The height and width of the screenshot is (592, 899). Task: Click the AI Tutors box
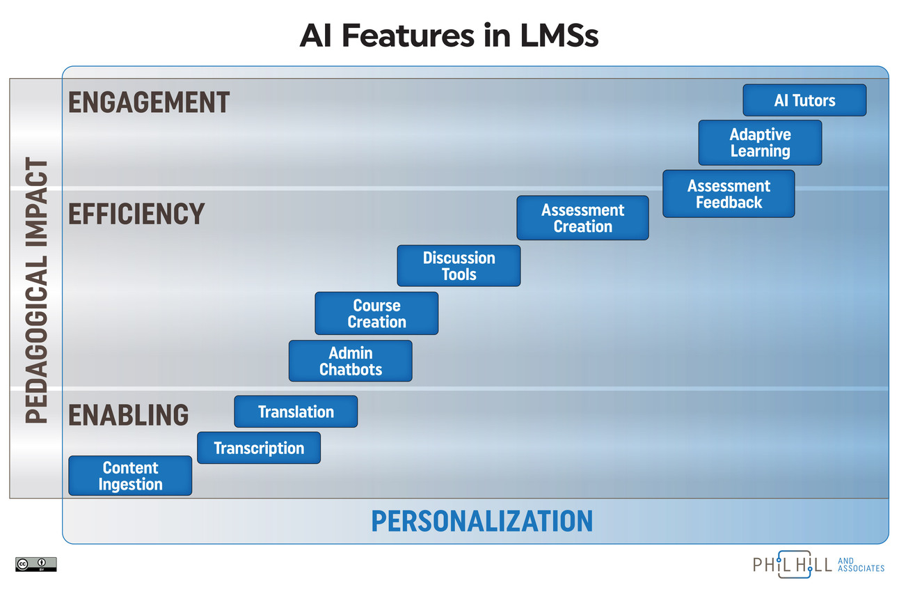point(804,100)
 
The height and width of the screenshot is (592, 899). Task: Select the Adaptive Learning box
point(760,143)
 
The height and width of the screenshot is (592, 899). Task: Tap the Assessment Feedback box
point(729,194)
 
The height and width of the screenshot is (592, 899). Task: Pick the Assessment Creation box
point(582,218)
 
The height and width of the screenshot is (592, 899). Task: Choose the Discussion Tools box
point(459,266)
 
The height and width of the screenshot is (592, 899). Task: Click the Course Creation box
point(376,313)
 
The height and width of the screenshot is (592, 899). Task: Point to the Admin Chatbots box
point(350,361)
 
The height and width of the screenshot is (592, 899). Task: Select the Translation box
point(296,412)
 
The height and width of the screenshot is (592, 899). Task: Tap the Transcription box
point(259,448)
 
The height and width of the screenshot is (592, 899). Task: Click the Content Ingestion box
point(130,476)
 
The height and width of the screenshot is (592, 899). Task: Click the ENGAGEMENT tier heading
point(149,102)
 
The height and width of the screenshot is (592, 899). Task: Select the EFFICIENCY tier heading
point(136,214)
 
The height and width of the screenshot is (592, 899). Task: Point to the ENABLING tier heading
point(129,414)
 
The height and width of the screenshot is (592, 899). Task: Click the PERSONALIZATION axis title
point(482,521)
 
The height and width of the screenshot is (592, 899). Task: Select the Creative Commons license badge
point(35,563)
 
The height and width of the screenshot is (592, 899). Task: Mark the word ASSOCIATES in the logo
point(861,568)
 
